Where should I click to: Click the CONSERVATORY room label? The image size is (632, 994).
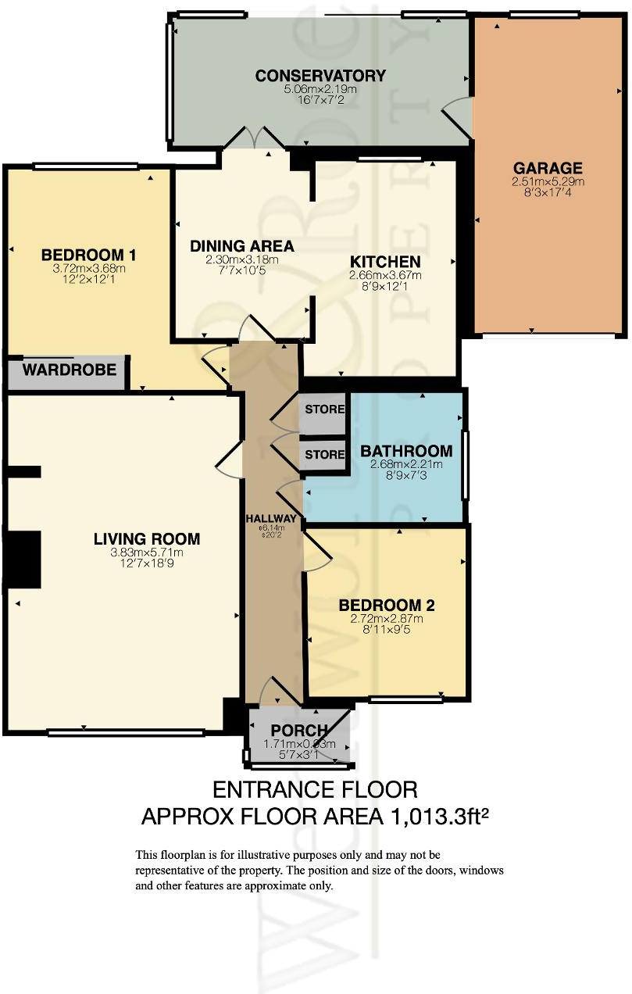point(320,76)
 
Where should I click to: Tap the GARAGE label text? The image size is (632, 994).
point(548,168)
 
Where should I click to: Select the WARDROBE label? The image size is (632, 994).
point(70,369)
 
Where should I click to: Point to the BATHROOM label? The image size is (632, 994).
point(405,451)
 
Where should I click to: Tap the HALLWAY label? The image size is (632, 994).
point(271,519)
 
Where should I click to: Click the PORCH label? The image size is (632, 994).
point(301,731)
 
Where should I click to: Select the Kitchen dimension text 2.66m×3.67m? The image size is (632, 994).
point(385,275)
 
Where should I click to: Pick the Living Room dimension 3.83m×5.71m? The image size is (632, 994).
point(147,552)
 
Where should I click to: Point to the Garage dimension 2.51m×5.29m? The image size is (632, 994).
point(548,181)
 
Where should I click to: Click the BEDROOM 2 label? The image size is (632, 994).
point(386,605)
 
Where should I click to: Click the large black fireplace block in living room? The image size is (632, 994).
point(23,558)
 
